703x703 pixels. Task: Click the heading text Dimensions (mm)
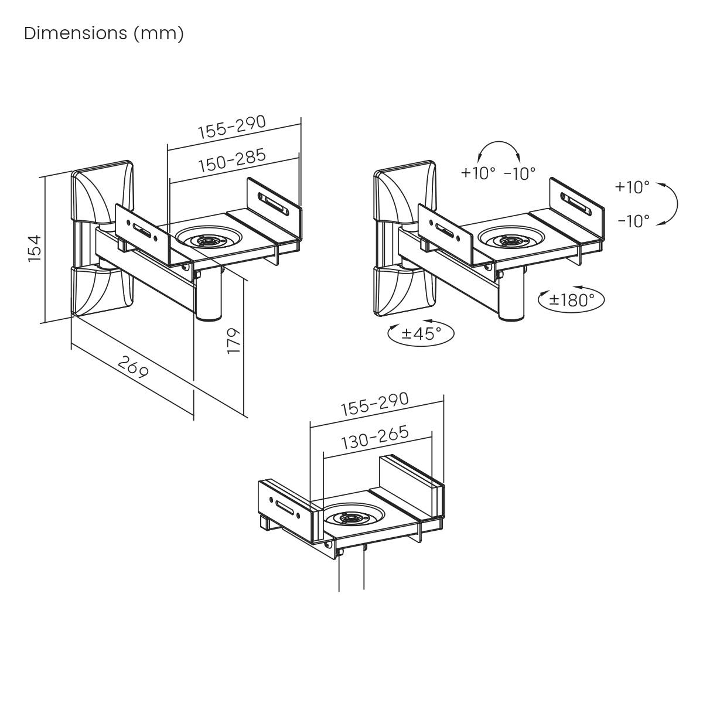pyautogui.click(x=104, y=33)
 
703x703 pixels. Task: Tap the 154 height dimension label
pyautogui.click(x=35, y=248)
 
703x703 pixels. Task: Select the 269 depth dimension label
pyautogui.click(x=134, y=367)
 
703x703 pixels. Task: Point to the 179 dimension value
pyautogui.click(x=234, y=340)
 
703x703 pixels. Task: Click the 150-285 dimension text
pyautogui.click(x=232, y=160)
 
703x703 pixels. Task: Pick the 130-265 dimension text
pyautogui.click(x=375, y=438)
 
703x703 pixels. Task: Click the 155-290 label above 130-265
pyautogui.click(x=375, y=404)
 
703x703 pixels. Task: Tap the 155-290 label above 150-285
pyautogui.click(x=232, y=127)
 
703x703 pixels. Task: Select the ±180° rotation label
pyautogui.click(x=571, y=300)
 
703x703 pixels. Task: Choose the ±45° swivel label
pyautogui.click(x=421, y=334)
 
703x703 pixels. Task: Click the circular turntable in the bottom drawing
pyautogui.click(x=354, y=518)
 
